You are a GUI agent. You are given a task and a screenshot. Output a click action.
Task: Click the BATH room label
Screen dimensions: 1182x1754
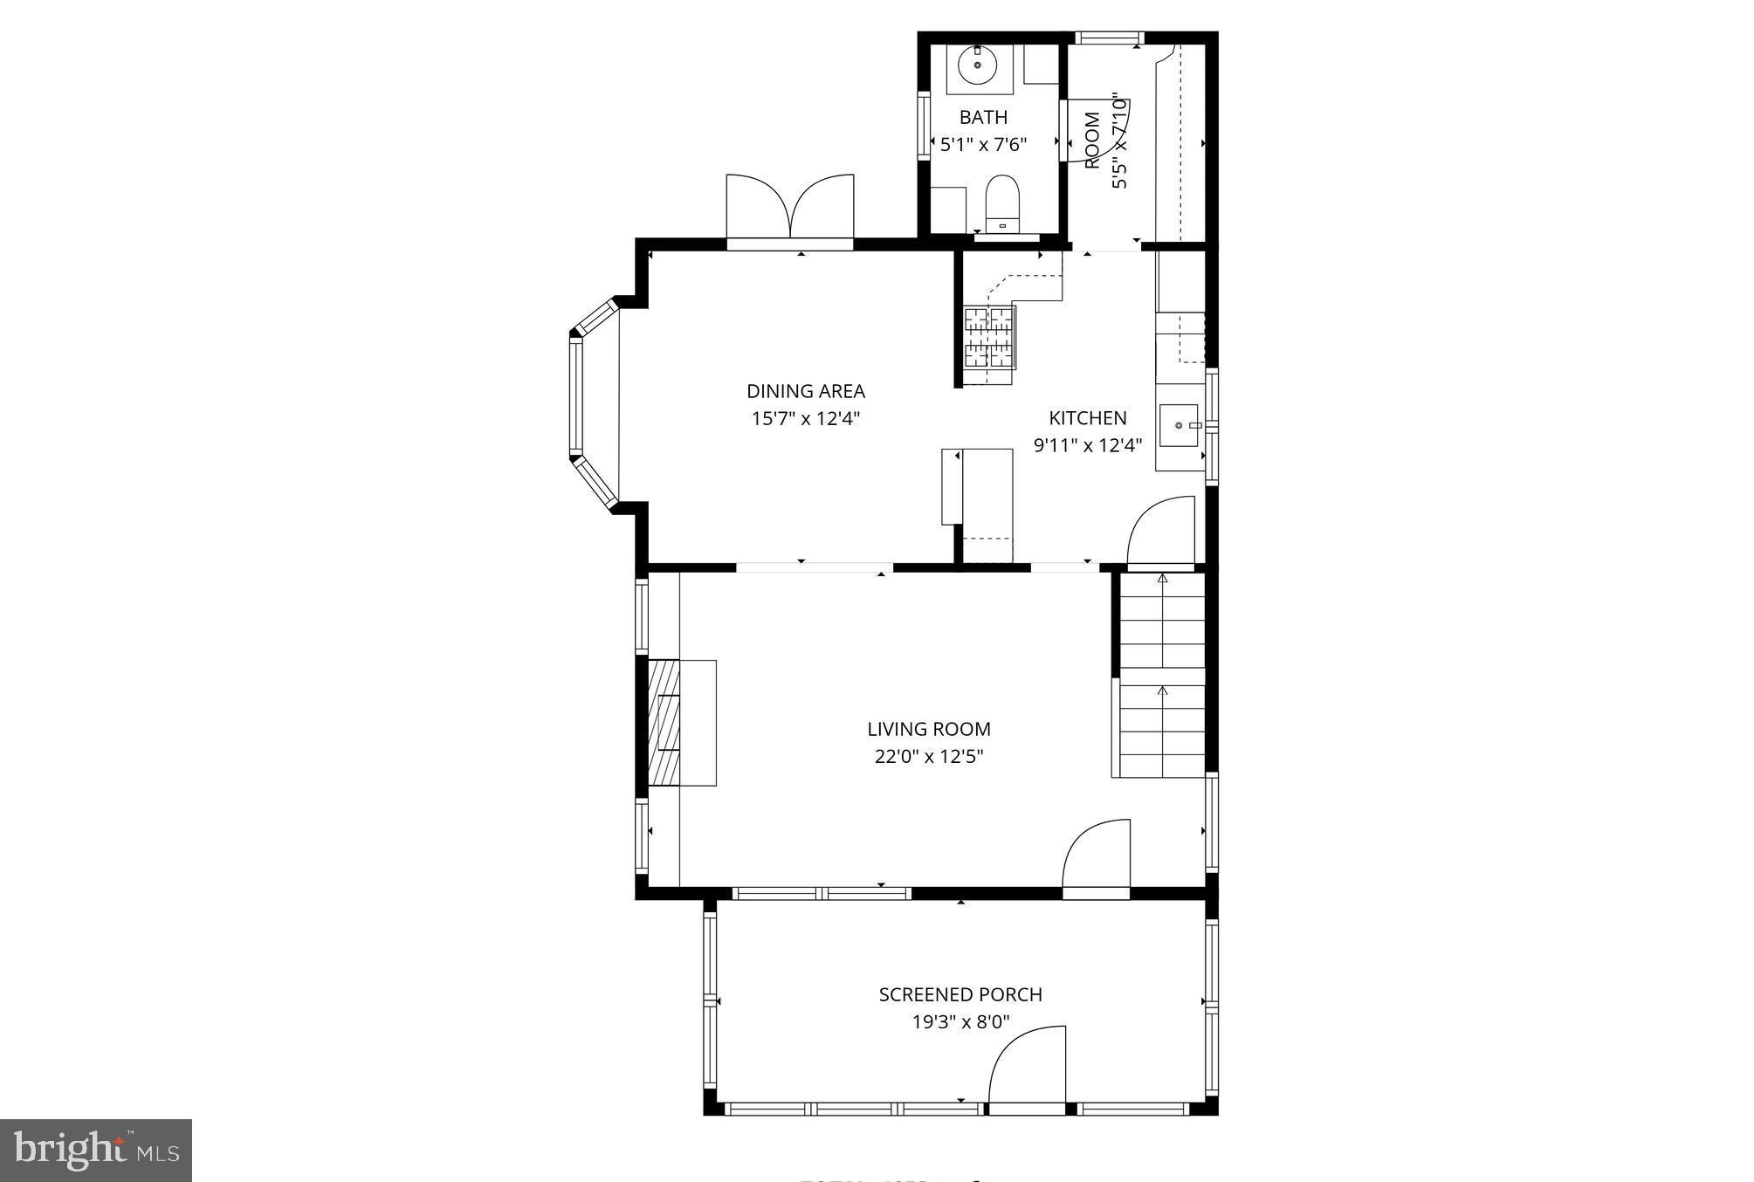coord(983,117)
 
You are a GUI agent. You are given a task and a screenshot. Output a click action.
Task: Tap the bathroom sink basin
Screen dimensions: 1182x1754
coord(977,65)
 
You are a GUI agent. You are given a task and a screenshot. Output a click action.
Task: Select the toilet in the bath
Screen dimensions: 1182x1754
coord(1002,201)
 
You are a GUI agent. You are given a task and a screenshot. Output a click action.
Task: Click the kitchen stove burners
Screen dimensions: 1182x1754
coord(989,338)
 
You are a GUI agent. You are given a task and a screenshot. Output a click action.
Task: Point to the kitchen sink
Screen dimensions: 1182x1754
coord(1179,425)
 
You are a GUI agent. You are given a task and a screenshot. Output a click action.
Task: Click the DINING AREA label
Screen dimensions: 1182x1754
coord(805,391)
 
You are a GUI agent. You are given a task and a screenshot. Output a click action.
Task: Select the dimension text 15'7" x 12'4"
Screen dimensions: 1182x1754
coord(805,418)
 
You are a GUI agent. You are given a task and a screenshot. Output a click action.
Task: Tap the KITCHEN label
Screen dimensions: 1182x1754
coord(1087,418)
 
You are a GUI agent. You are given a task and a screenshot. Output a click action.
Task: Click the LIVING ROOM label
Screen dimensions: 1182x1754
coord(928,729)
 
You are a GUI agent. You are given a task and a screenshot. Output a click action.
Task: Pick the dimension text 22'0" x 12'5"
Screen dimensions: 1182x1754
coord(928,756)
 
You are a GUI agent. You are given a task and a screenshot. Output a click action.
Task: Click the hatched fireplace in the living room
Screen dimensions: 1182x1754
coord(664,722)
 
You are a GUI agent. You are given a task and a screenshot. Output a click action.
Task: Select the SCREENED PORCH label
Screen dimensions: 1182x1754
coord(960,994)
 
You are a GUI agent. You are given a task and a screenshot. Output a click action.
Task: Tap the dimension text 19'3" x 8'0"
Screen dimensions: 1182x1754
coord(960,1021)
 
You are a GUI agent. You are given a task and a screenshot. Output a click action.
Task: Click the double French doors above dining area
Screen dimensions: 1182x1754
coord(790,210)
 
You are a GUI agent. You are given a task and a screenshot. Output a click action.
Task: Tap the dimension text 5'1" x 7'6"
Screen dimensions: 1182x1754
coord(983,144)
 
